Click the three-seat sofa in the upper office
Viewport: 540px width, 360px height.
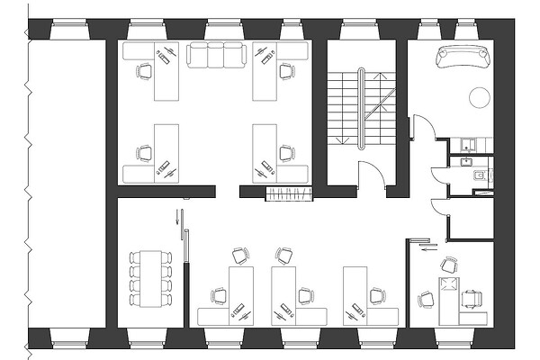tap(216, 57)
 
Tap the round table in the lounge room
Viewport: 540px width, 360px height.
tap(480, 94)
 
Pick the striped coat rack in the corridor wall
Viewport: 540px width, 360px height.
tap(288, 193)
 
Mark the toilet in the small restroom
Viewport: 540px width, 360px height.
tap(479, 177)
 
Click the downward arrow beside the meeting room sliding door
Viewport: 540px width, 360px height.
tap(178, 219)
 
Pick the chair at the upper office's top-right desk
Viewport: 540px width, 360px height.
tap(287, 69)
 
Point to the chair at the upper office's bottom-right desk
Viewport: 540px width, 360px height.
tap(287, 152)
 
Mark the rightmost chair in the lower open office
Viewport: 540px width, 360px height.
tap(377, 294)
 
